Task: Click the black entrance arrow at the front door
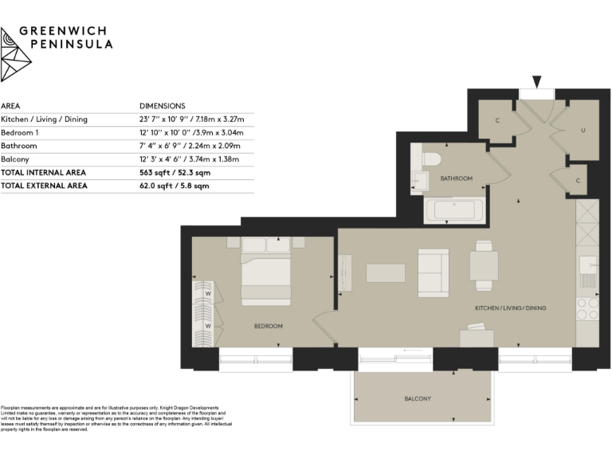click(x=536, y=81)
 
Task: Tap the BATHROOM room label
click(x=457, y=178)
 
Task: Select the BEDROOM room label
click(x=269, y=326)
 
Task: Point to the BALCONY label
click(x=417, y=398)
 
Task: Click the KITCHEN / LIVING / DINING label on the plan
click(x=511, y=308)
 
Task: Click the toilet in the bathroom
click(x=430, y=159)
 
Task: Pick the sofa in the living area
click(x=433, y=272)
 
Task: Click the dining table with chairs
click(x=484, y=265)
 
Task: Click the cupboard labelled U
click(x=583, y=130)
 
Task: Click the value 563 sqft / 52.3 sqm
click(x=175, y=172)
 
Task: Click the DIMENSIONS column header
click(x=162, y=105)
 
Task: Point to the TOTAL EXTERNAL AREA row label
click(x=44, y=186)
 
